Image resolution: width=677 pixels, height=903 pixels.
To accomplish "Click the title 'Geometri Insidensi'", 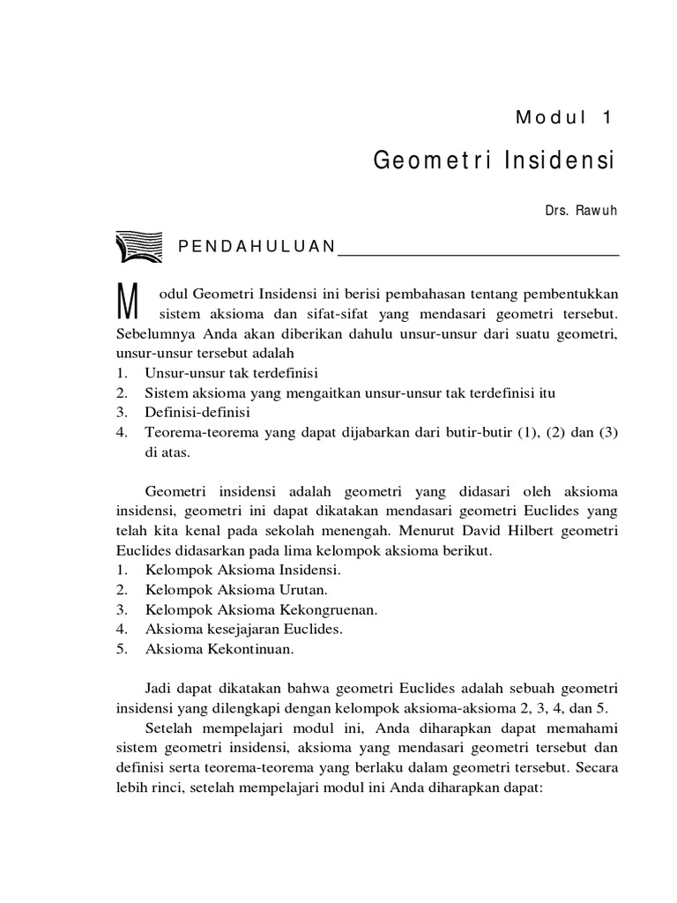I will point(493,162).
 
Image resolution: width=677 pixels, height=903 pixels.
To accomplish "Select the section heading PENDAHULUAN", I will point(257,246).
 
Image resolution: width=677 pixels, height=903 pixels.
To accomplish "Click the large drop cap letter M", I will point(128,305).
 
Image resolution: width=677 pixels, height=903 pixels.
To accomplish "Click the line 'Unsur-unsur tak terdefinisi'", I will point(232,373).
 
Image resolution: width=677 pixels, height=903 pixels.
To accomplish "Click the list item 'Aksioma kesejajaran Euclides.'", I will point(243,629).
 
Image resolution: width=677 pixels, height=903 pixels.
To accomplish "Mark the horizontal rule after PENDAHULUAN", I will point(480,254).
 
